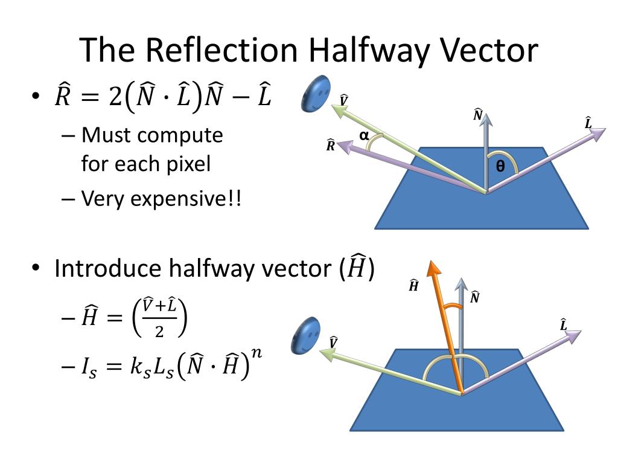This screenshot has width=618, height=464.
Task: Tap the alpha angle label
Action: (x=364, y=136)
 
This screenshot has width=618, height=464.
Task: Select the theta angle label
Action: (x=500, y=167)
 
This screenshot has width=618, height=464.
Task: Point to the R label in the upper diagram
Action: (x=331, y=145)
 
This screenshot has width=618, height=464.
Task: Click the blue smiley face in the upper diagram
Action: (x=316, y=94)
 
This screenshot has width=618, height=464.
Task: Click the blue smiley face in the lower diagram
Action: (x=307, y=336)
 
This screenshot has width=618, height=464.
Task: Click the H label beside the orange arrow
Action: (x=414, y=286)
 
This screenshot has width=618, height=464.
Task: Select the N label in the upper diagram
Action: (x=478, y=115)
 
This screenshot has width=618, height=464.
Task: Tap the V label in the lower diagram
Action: (x=333, y=343)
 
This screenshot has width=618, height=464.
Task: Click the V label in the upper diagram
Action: (x=344, y=100)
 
